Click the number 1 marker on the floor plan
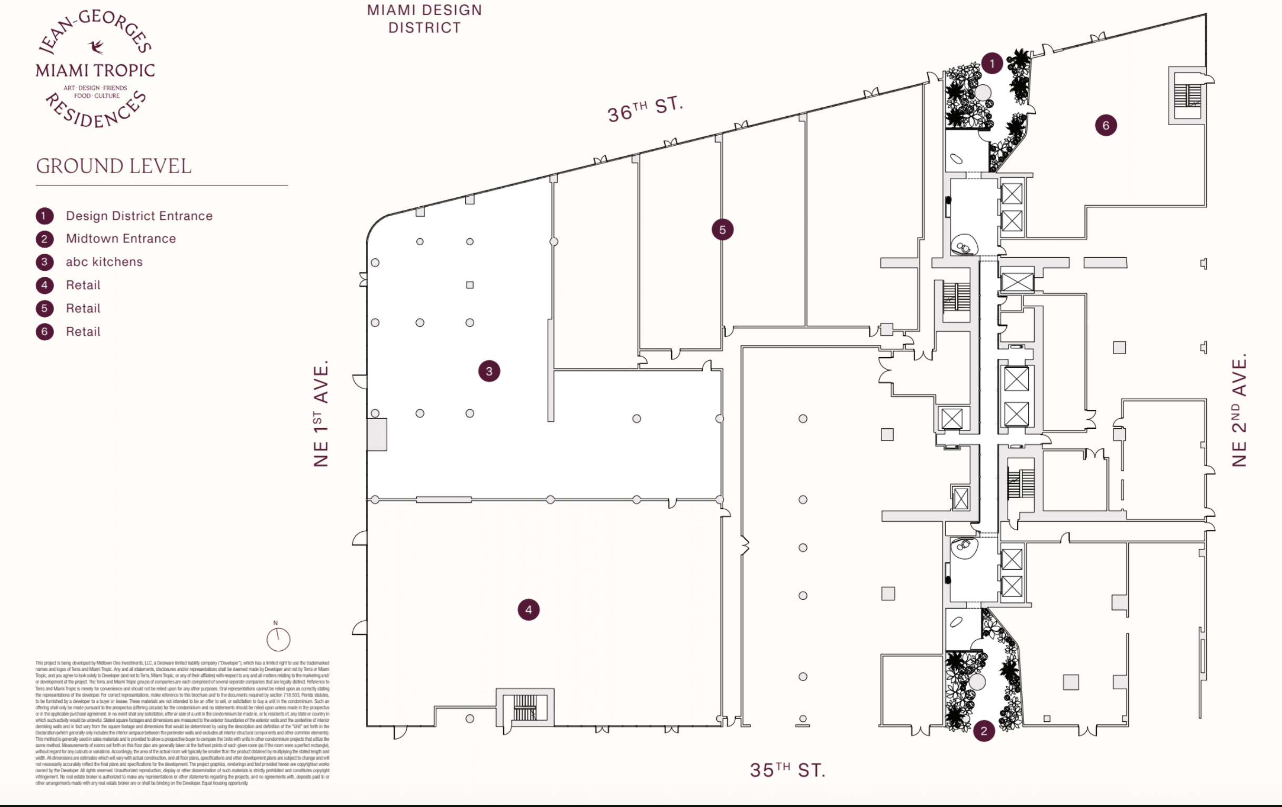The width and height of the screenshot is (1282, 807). (x=992, y=64)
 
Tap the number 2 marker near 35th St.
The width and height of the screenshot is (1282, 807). (x=983, y=731)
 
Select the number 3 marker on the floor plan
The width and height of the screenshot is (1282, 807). (x=489, y=371)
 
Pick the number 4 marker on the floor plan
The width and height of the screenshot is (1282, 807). (x=528, y=610)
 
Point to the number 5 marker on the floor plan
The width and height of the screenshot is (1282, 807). (x=722, y=229)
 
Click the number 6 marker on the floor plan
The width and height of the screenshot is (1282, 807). (x=1106, y=126)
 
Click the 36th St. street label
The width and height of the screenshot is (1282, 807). (x=645, y=109)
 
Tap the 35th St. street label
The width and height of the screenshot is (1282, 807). (x=787, y=770)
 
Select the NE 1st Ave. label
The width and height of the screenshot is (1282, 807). (x=321, y=413)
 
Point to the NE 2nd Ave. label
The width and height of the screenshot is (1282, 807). (x=1239, y=410)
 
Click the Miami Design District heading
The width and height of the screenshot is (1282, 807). (x=424, y=18)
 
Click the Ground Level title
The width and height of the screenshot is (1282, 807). (x=113, y=166)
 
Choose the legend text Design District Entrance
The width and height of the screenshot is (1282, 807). (x=139, y=216)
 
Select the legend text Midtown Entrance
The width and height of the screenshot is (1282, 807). (x=121, y=238)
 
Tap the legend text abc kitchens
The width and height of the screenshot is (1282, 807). (x=104, y=262)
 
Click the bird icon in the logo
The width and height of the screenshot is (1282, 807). (x=96, y=47)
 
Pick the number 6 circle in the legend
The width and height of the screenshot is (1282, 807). (x=45, y=331)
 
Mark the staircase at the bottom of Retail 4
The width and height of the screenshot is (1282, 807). (x=525, y=707)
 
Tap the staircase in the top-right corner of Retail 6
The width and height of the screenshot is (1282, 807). (x=1187, y=96)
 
